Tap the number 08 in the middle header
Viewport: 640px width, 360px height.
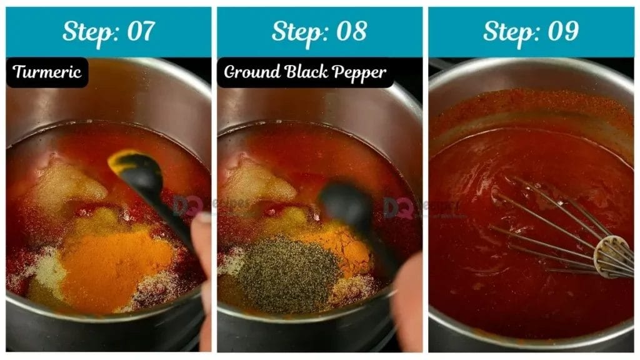click(x=351, y=31)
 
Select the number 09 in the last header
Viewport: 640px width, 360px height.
click(x=562, y=31)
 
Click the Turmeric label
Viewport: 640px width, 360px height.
click(x=47, y=72)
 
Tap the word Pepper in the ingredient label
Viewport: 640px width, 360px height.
click(x=360, y=72)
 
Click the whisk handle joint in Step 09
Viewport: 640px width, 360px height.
click(x=605, y=256)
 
